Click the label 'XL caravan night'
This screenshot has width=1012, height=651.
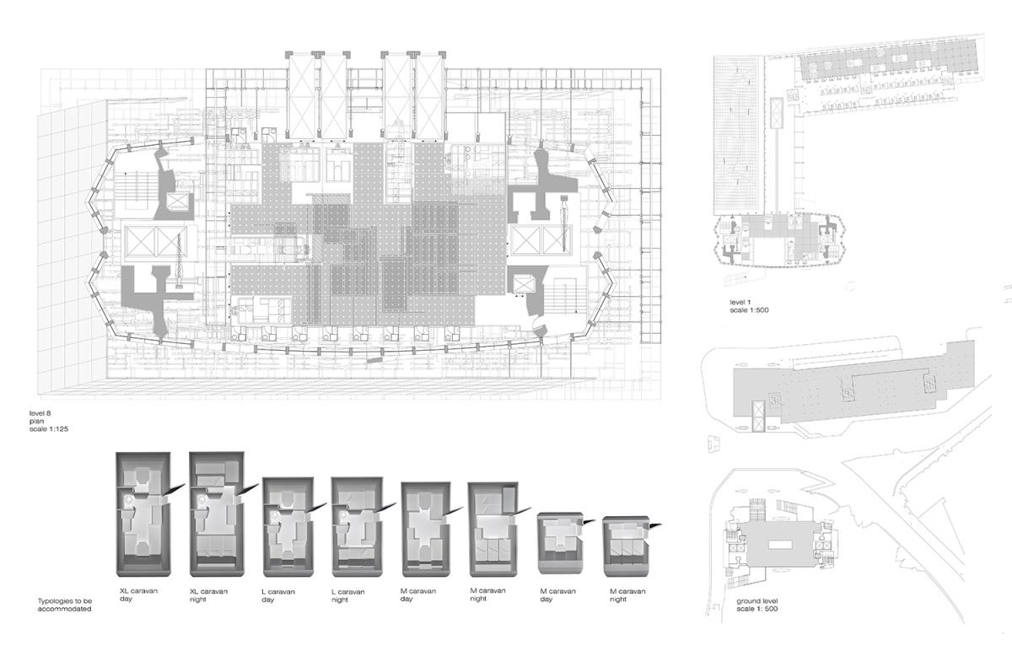click(208, 595)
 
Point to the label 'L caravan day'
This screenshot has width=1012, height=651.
click(277, 595)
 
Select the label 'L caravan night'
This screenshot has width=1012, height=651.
click(347, 595)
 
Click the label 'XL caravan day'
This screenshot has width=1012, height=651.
click(138, 595)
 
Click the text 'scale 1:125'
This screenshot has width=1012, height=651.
click(49, 428)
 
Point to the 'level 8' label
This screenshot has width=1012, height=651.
click(40, 413)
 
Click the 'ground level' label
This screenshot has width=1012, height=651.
click(757, 601)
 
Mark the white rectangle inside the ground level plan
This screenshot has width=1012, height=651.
click(780, 545)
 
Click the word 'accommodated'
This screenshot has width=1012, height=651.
click(65, 609)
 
